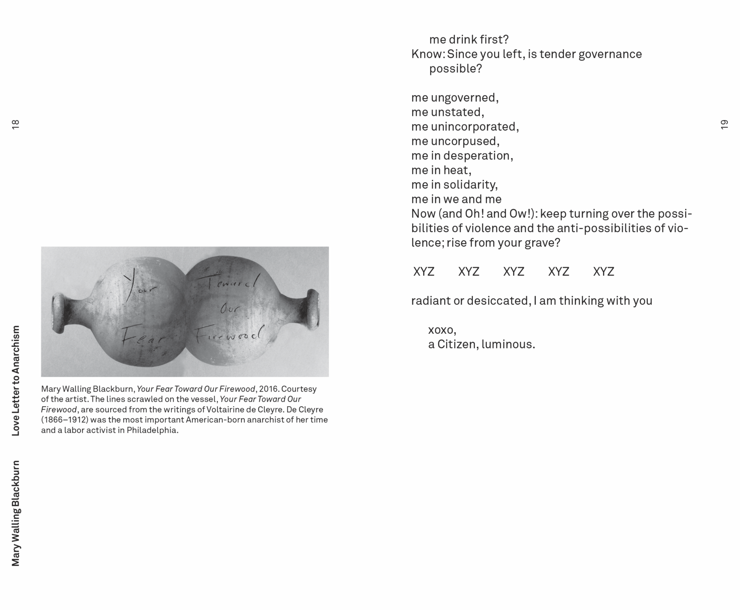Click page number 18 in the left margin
15,124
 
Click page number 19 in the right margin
724,124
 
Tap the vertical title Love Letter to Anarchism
15,381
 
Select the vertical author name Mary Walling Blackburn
15,513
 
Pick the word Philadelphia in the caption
152,430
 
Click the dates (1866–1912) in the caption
65,420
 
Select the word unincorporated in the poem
474,127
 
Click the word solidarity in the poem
470,185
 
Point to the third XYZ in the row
514,272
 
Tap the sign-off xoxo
442,330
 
